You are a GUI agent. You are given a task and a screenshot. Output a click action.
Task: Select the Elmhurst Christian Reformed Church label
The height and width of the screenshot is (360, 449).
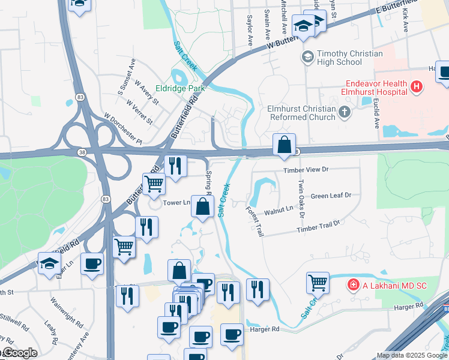[301, 113]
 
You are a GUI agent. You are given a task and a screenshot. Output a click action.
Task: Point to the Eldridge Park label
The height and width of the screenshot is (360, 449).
[180, 88]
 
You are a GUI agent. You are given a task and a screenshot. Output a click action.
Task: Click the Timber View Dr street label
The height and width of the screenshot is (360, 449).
[307, 170]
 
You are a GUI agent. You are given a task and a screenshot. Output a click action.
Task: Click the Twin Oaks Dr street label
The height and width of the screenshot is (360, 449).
[301, 199]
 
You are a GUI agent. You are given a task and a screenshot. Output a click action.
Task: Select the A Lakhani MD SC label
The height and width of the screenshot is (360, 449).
[394, 285]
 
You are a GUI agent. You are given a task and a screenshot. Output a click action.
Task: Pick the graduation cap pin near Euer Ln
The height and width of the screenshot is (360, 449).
[49, 263]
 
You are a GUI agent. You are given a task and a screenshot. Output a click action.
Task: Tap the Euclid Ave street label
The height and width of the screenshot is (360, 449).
[377, 115]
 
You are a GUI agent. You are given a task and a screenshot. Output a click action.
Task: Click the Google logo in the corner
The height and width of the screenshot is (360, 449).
[19, 353]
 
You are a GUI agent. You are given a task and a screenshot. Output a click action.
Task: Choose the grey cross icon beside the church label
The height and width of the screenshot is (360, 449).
[345, 112]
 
